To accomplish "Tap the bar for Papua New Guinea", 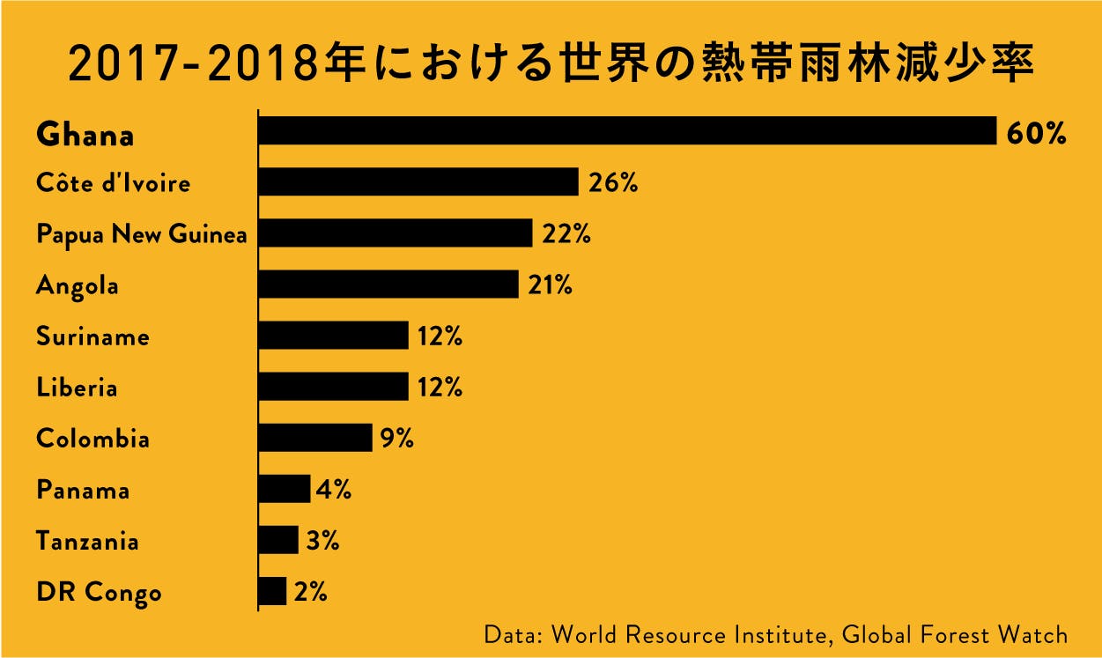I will pos(395,233).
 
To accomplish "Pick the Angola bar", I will pos(388,285).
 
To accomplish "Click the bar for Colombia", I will pos(314,438).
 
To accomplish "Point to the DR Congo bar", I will pos(272,591).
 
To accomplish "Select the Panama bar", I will pos(285,489).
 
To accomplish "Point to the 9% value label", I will pos(397,439).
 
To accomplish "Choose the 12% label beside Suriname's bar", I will pos(440,337).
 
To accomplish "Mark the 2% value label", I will pos(311,593).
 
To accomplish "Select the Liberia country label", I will pos(77,388).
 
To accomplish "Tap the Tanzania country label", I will pos(87,541).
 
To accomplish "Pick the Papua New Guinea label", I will pos(141,235).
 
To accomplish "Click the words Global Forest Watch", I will pos(955,634).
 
